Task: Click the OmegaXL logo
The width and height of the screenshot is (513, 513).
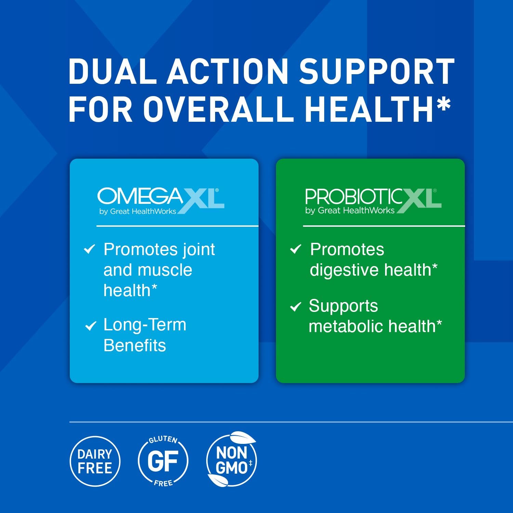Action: (x=161, y=201)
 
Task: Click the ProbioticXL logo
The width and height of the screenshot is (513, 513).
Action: (x=373, y=201)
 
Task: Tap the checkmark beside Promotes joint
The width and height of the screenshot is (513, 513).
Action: (x=89, y=249)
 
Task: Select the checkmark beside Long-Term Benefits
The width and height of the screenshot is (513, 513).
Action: (x=90, y=326)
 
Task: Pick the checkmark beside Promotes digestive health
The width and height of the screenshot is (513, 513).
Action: (x=295, y=249)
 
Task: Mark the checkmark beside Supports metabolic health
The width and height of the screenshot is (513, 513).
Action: (x=295, y=306)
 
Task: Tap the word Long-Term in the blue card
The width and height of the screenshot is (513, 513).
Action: (x=145, y=325)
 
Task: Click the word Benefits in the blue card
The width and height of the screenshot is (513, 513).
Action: (x=135, y=345)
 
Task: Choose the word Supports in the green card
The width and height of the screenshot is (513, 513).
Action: (x=343, y=306)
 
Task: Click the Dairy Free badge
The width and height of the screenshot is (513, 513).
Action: (x=95, y=461)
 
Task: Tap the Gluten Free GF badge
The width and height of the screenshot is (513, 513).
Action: (x=163, y=461)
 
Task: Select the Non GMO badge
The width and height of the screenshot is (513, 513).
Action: (x=232, y=461)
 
